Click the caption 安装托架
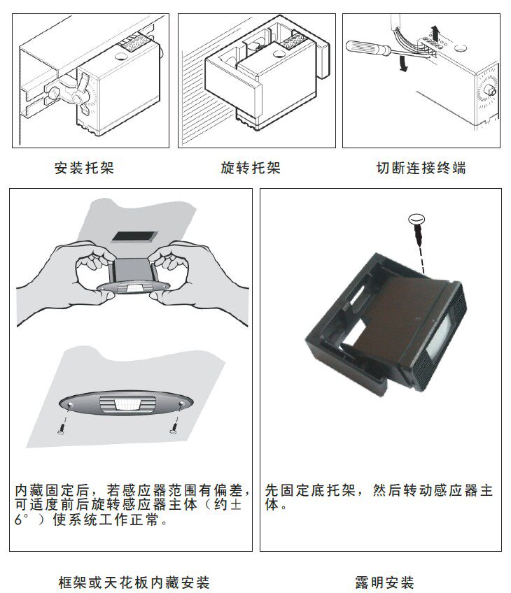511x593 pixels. click(x=84, y=169)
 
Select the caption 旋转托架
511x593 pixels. click(x=251, y=169)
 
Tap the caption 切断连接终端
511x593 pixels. click(x=421, y=169)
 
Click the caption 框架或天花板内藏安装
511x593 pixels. click(x=134, y=582)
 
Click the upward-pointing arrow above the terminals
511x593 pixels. click(x=435, y=31)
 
